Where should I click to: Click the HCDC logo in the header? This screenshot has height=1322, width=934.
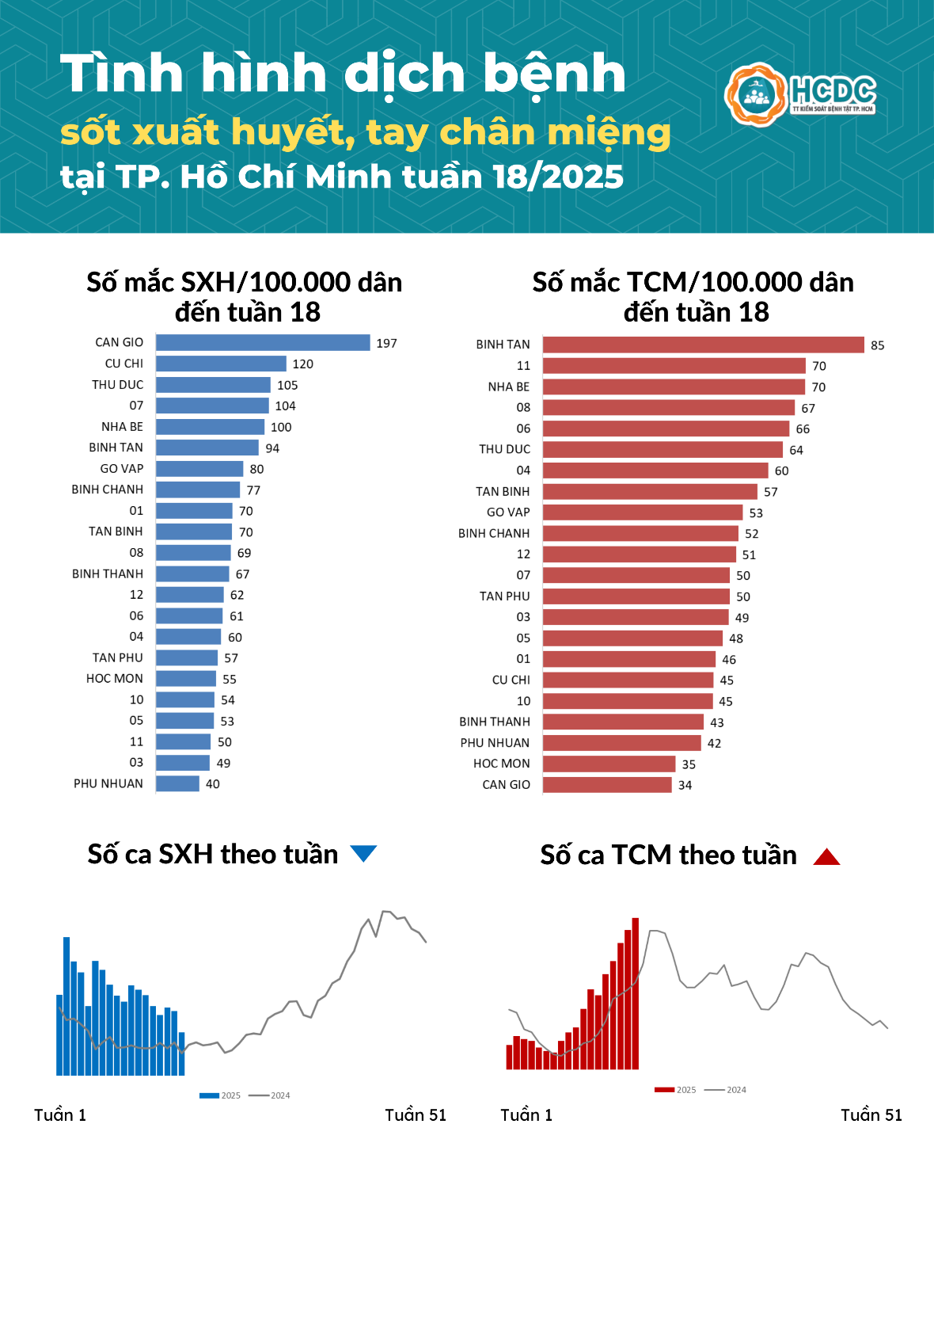tap(800, 94)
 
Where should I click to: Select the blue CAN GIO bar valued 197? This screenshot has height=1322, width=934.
tap(263, 342)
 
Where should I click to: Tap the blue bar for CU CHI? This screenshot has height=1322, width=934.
tap(221, 364)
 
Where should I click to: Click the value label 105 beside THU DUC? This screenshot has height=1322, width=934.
tap(287, 385)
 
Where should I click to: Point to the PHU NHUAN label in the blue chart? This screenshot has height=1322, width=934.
tap(108, 783)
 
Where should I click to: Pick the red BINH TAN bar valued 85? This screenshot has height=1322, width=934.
tap(703, 345)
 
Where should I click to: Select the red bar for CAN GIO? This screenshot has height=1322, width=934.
tap(607, 785)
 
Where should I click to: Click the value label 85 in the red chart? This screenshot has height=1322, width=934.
tap(877, 345)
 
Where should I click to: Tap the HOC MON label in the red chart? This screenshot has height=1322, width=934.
tap(501, 764)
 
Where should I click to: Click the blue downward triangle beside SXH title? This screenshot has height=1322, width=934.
tap(363, 853)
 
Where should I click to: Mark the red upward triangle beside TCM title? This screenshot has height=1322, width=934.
tap(826, 856)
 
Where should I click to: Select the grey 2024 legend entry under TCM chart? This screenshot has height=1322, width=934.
tap(726, 1090)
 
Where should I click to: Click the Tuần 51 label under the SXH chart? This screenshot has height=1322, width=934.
tap(416, 1115)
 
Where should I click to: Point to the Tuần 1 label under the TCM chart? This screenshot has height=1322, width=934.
tap(526, 1115)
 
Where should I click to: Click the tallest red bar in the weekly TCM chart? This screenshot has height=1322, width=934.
tap(636, 994)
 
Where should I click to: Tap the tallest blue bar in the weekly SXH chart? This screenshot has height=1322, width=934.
tap(66, 1006)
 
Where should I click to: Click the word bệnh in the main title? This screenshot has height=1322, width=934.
tap(554, 74)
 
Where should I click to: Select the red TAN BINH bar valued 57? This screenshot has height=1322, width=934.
tap(650, 492)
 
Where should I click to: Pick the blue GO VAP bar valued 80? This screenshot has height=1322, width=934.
tap(199, 469)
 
